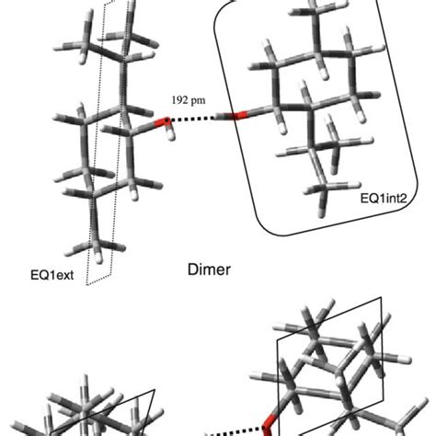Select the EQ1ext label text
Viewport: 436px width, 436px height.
click(x=52, y=273)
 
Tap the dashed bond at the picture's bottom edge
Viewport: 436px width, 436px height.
click(x=221, y=430)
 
